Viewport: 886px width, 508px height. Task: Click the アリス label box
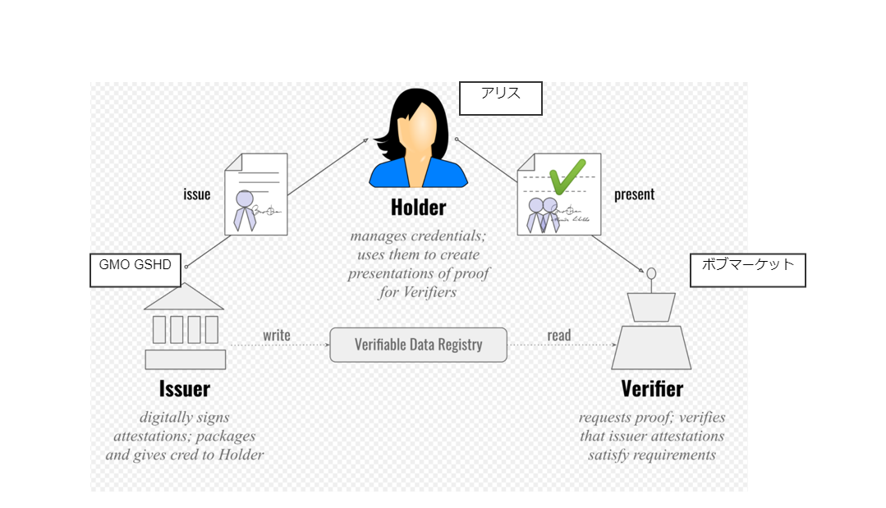(501, 98)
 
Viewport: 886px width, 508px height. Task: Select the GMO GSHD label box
(135, 270)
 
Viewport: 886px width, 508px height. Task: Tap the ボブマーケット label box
(747, 270)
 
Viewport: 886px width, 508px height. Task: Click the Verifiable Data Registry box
(418, 345)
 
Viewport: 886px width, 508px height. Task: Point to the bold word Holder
(418, 208)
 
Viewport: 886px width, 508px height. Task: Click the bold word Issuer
(185, 389)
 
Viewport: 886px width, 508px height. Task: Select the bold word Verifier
(652, 389)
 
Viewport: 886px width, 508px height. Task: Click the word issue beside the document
(196, 195)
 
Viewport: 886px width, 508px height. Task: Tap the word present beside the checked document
(634, 195)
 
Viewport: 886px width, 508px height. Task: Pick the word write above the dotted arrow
(276, 336)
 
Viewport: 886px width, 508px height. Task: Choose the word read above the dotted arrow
(559, 336)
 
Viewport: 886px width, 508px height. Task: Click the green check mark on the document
(567, 176)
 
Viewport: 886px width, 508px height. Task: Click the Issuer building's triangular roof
(184, 297)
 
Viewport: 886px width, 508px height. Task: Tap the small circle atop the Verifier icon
(651, 274)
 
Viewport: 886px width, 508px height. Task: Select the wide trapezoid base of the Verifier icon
(651, 348)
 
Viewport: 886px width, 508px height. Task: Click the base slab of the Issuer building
(186, 359)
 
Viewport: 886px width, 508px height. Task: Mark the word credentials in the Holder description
(448, 236)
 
